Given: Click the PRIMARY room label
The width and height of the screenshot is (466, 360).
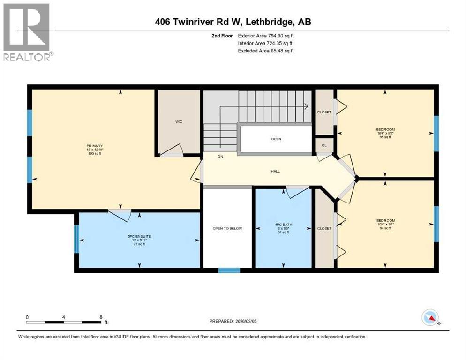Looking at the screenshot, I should (x=94, y=146).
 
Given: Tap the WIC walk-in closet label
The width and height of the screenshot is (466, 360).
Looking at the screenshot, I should (x=179, y=121).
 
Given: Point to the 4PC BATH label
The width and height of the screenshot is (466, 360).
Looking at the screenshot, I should (x=283, y=225).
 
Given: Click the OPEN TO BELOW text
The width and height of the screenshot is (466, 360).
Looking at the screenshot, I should (x=227, y=228).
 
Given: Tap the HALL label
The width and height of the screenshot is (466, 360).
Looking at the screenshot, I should (x=275, y=171).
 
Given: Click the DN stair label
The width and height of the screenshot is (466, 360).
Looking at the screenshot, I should (x=219, y=157).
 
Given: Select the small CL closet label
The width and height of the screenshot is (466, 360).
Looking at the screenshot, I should (x=324, y=145).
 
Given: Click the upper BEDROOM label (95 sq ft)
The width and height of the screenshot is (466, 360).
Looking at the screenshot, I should (x=385, y=129).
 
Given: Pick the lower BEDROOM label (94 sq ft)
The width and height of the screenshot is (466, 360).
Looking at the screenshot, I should (x=385, y=220).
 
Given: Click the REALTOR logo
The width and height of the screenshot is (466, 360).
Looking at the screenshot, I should (x=27, y=32).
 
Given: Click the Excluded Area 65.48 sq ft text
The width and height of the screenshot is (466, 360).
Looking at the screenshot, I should (x=266, y=51).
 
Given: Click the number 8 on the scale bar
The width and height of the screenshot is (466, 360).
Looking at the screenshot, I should (x=101, y=316).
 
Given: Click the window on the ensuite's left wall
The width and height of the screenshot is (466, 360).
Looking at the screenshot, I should (x=76, y=239).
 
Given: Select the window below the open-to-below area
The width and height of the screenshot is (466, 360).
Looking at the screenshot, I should (x=229, y=270).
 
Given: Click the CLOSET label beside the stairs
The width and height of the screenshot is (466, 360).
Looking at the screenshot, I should (x=324, y=112).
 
